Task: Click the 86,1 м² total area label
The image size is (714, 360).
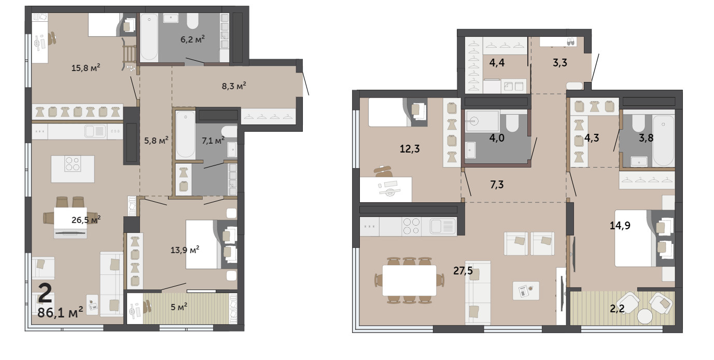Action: [x=60, y=312]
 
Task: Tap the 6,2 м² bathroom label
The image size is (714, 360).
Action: [x=192, y=39]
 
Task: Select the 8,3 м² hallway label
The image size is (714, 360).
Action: [x=234, y=86]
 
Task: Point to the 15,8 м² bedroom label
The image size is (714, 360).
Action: [x=86, y=67]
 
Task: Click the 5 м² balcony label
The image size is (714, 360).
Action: [x=179, y=307]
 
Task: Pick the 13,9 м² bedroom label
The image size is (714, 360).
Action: [x=185, y=250]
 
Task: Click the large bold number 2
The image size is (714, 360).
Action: [x=45, y=294]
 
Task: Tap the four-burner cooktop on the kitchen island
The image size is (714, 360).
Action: [x=73, y=163]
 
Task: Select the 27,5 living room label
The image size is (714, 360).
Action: [x=463, y=271]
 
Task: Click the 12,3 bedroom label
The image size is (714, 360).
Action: [x=410, y=148]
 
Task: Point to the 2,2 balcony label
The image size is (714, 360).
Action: [x=617, y=309]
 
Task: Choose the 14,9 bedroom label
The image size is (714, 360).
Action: [x=620, y=226]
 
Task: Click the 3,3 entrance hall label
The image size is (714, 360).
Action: [x=560, y=63]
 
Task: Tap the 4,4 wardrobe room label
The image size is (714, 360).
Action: [x=497, y=63]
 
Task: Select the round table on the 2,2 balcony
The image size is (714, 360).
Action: [x=645, y=316]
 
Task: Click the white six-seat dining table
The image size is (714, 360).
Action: [x=409, y=280]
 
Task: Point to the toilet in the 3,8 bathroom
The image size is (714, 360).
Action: [x=638, y=123]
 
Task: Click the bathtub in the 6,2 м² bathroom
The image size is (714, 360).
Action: [x=149, y=37]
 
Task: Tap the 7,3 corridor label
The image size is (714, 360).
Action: [x=497, y=184]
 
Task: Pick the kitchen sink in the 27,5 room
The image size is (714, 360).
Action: [x=443, y=226]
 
